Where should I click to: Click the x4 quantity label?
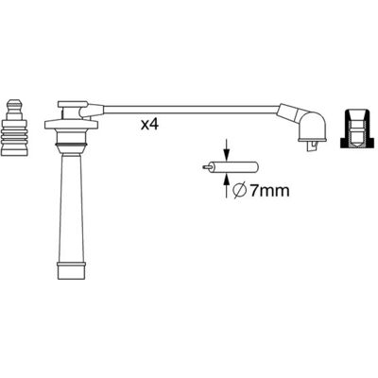coord(149,125)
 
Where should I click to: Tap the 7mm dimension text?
coord(269,191)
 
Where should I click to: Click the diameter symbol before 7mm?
coord(239,191)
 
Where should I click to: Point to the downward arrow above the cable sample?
coord(226,149)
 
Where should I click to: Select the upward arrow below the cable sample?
coord(226,186)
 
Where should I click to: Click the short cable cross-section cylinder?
coord(234,167)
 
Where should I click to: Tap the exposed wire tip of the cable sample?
coord(206,167)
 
